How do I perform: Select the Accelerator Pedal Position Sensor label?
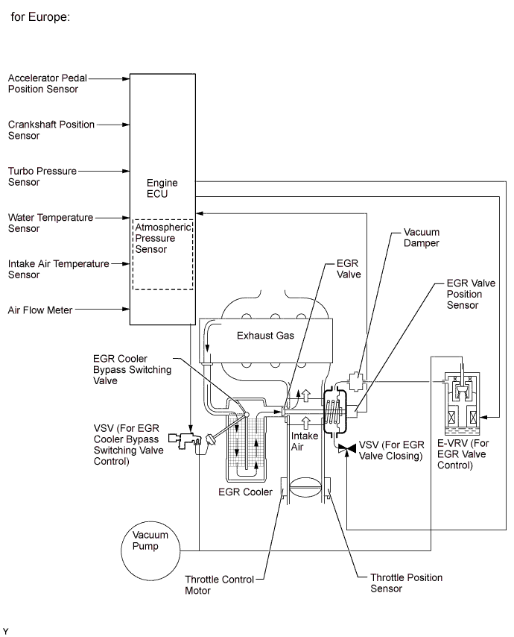(x=53, y=84)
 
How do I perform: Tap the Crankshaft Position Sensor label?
(x=51, y=130)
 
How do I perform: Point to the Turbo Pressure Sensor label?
(x=42, y=176)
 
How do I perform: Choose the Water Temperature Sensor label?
(x=51, y=223)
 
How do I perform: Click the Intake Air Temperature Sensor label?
(x=58, y=269)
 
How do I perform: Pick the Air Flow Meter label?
(x=40, y=310)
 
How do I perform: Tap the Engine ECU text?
(x=162, y=187)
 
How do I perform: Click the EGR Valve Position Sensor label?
(x=464, y=294)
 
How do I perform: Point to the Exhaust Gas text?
(x=265, y=336)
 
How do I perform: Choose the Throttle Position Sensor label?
(x=406, y=583)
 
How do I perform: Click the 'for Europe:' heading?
(x=40, y=16)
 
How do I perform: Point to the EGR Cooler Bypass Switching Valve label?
(x=133, y=369)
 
